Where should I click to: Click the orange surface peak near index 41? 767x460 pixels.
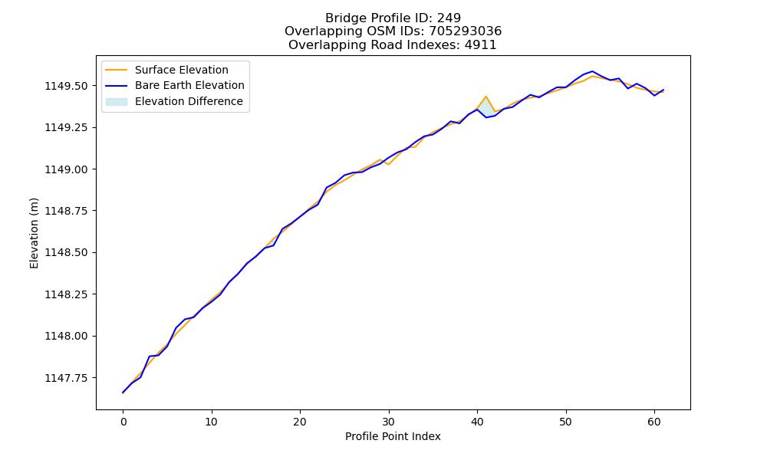pos(486,97)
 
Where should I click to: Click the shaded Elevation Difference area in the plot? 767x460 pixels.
pos(486,107)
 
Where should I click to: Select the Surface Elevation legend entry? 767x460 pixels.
pos(166,70)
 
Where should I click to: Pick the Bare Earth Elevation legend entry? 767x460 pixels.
pos(175,86)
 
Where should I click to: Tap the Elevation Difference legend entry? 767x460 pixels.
pos(174,101)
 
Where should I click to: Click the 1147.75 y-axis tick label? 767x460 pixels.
pos(67,378)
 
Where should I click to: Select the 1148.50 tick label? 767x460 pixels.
pos(67,253)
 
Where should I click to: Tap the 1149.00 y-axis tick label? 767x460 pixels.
pos(67,169)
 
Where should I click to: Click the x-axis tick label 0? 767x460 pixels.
pos(123,422)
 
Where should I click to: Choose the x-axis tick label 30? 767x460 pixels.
pos(388,422)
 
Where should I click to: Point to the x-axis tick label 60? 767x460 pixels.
pos(654,422)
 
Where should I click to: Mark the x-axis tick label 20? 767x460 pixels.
pos(300,422)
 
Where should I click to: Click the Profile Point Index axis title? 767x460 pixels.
pos(393,436)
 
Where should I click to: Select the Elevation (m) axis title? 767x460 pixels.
pos(34,233)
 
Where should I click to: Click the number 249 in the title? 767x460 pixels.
pos(449,18)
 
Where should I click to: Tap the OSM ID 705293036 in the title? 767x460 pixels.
pos(466,31)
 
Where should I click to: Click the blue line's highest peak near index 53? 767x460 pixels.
pos(592,71)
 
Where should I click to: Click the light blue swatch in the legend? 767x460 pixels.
pos(117,102)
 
